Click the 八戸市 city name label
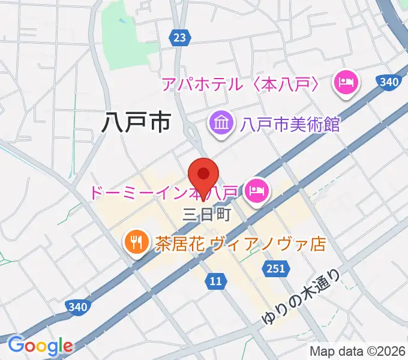coord(136,122)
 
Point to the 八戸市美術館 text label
coord(290,125)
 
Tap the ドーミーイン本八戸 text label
coord(165,193)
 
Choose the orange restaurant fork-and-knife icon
coord(136,242)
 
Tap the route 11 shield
coord(217,280)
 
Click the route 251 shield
coord(275,268)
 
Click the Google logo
coord(40,345)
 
